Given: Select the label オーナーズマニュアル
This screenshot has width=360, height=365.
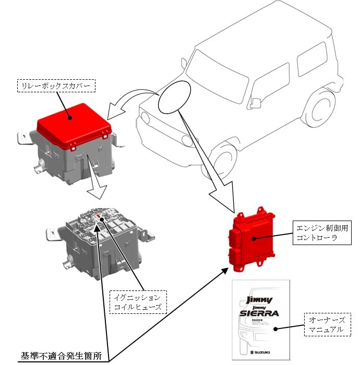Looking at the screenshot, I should [x=326, y=324].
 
